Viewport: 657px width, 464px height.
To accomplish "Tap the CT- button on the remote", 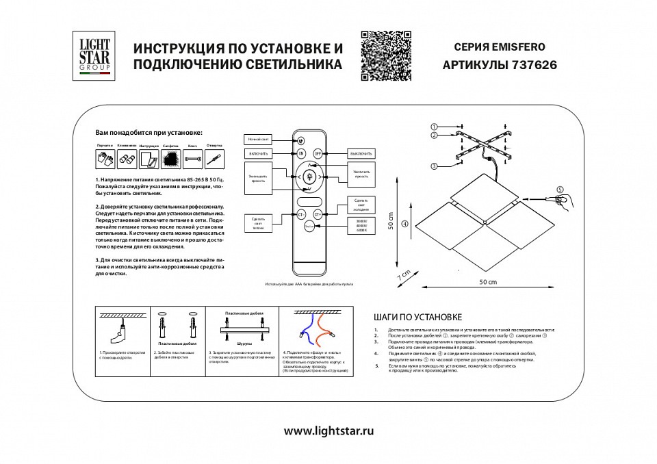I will [x=300, y=214].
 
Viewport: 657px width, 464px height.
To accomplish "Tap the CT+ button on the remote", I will [x=318, y=214].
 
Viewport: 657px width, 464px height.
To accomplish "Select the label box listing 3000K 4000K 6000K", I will [x=361, y=226].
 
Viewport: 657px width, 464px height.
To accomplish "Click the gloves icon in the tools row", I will [x=105, y=159].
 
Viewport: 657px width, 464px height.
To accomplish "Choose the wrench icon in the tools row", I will [x=192, y=159].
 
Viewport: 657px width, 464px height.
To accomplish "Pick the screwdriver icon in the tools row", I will [x=214, y=159].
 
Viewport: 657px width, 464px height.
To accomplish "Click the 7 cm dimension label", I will [x=404, y=274].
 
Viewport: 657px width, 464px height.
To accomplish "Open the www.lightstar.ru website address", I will [x=328, y=431].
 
